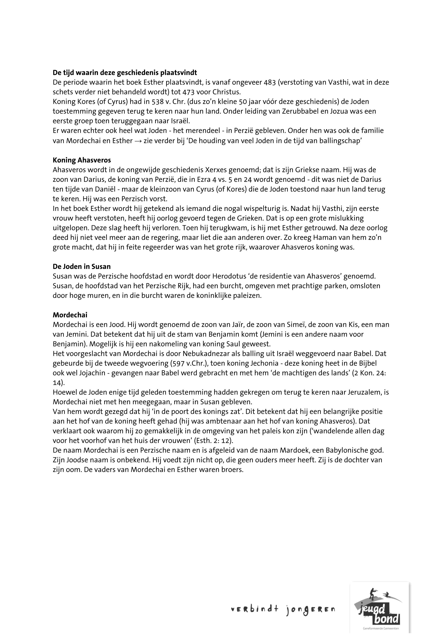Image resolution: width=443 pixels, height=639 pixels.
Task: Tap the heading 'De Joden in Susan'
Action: pyautogui.click(x=82, y=267)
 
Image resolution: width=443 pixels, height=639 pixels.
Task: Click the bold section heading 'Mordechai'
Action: pyautogui.click(x=70, y=315)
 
